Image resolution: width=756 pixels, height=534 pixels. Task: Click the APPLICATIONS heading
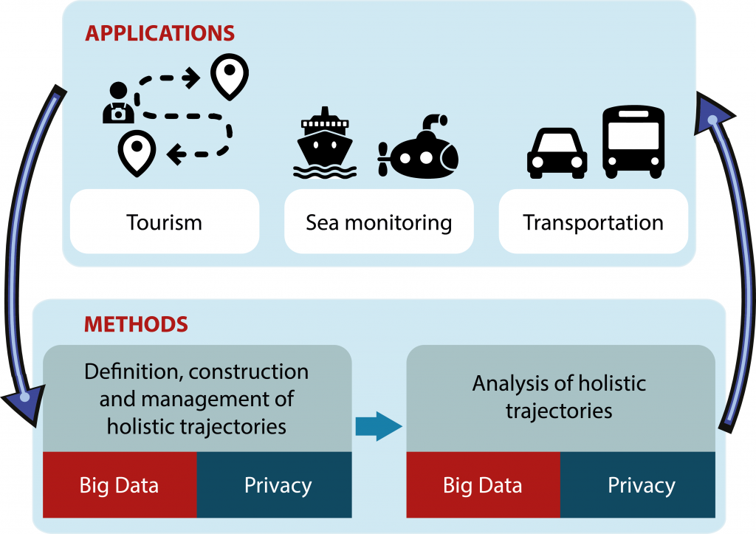(x=159, y=33)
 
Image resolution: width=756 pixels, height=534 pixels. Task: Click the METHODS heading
(x=136, y=324)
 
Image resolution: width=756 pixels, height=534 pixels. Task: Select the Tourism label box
(x=165, y=222)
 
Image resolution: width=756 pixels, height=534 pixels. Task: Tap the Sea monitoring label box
(x=379, y=222)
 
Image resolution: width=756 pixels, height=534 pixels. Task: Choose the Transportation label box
(x=593, y=222)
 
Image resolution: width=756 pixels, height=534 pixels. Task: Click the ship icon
(x=325, y=143)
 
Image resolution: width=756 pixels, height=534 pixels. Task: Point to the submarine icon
(x=419, y=147)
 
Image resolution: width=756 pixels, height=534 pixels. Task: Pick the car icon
(x=557, y=154)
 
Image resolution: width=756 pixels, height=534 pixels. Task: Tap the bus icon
(x=633, y=142)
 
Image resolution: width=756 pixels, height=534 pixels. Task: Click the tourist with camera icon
(x=117, y=103)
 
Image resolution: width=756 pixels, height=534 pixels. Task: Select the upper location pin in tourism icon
(x=230, y=76)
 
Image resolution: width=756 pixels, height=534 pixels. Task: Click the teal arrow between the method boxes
(x=379, y=426)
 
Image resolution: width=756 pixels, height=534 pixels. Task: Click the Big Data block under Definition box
(x=120, y=485)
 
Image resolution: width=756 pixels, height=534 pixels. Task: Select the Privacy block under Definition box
(x=275, y=485)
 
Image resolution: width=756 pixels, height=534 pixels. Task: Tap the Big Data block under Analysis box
(x=483, y=485)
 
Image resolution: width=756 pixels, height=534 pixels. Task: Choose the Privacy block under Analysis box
(x=638, y=485)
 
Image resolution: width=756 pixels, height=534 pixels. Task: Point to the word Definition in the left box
(x=134, y=372)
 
